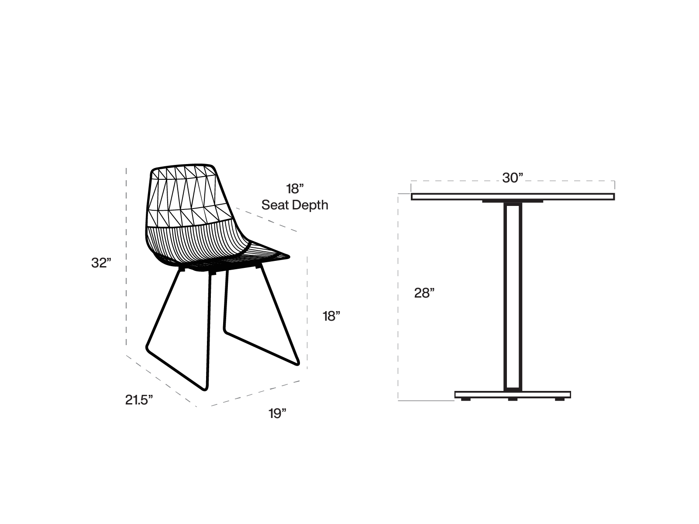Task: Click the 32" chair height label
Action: point(101,263)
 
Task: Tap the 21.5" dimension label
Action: point(139,400)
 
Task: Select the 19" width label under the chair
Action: point(277,414)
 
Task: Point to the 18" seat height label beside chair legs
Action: point(331,316)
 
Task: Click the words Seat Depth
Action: point(295,205)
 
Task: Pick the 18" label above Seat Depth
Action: point(295,189)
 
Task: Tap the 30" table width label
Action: point(513,178)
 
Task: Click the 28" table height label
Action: point(424,293)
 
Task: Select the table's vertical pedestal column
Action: point(513,297)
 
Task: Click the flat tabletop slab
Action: point(513,197)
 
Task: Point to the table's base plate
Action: point(513,394)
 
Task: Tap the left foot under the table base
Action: point(465,399)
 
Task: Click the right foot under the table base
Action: point(560,399)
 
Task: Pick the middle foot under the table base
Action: point(513,399)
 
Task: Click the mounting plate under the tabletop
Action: point(513,202)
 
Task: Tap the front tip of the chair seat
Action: point(289,256)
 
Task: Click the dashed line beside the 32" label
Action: point(126,257)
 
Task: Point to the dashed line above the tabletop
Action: point(513,181)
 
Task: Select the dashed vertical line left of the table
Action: point(398,297)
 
